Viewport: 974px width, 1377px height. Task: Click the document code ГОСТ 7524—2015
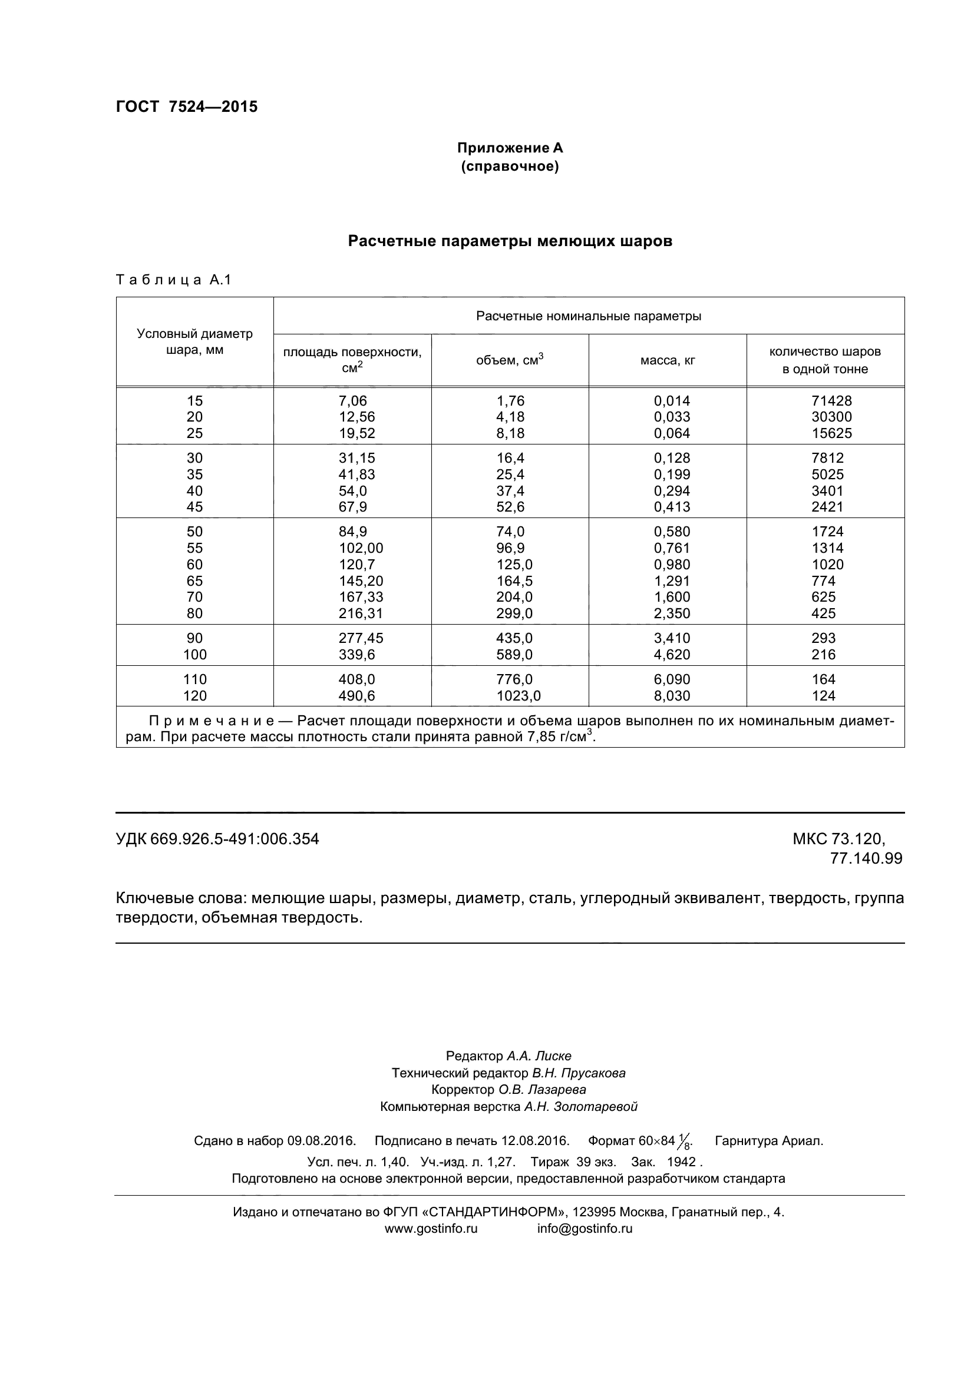click(x=186, y=107)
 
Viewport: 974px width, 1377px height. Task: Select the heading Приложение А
click(x=510, y=148)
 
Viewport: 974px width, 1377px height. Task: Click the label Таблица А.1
click(x=173, y=280)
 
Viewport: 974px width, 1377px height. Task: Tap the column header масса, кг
click(x=668, y=360)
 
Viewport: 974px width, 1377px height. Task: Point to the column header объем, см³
click(x=510, y=360)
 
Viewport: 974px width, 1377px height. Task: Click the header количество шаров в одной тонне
click(x=824, y=360)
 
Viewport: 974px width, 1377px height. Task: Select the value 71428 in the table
click(x=831, y=401)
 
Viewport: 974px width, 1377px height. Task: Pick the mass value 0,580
click(x=672, y=532)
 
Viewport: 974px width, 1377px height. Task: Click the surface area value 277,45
click(x=360, y=638)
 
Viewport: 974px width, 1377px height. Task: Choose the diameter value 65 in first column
click(x=194, y=580)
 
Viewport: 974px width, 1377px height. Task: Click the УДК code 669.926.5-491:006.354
click(x=234, y=838)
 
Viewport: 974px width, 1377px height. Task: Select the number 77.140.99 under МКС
click(x=866, y=858)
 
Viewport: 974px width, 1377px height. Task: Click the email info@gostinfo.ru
click(x=585, y=1228)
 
